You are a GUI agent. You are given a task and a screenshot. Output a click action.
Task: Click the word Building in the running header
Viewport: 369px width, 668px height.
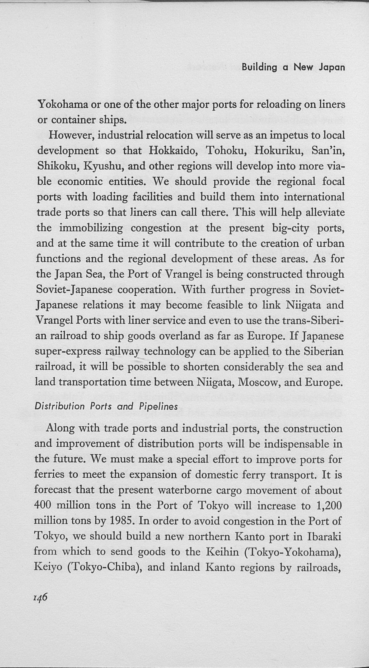point(259,68)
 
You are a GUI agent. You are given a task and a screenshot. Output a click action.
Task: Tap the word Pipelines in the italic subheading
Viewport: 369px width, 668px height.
point(158,407)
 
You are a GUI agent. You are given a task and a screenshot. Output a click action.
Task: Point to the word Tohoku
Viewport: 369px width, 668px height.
point(226,151)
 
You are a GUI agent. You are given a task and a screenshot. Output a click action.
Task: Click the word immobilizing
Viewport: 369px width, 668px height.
point(91,228)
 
